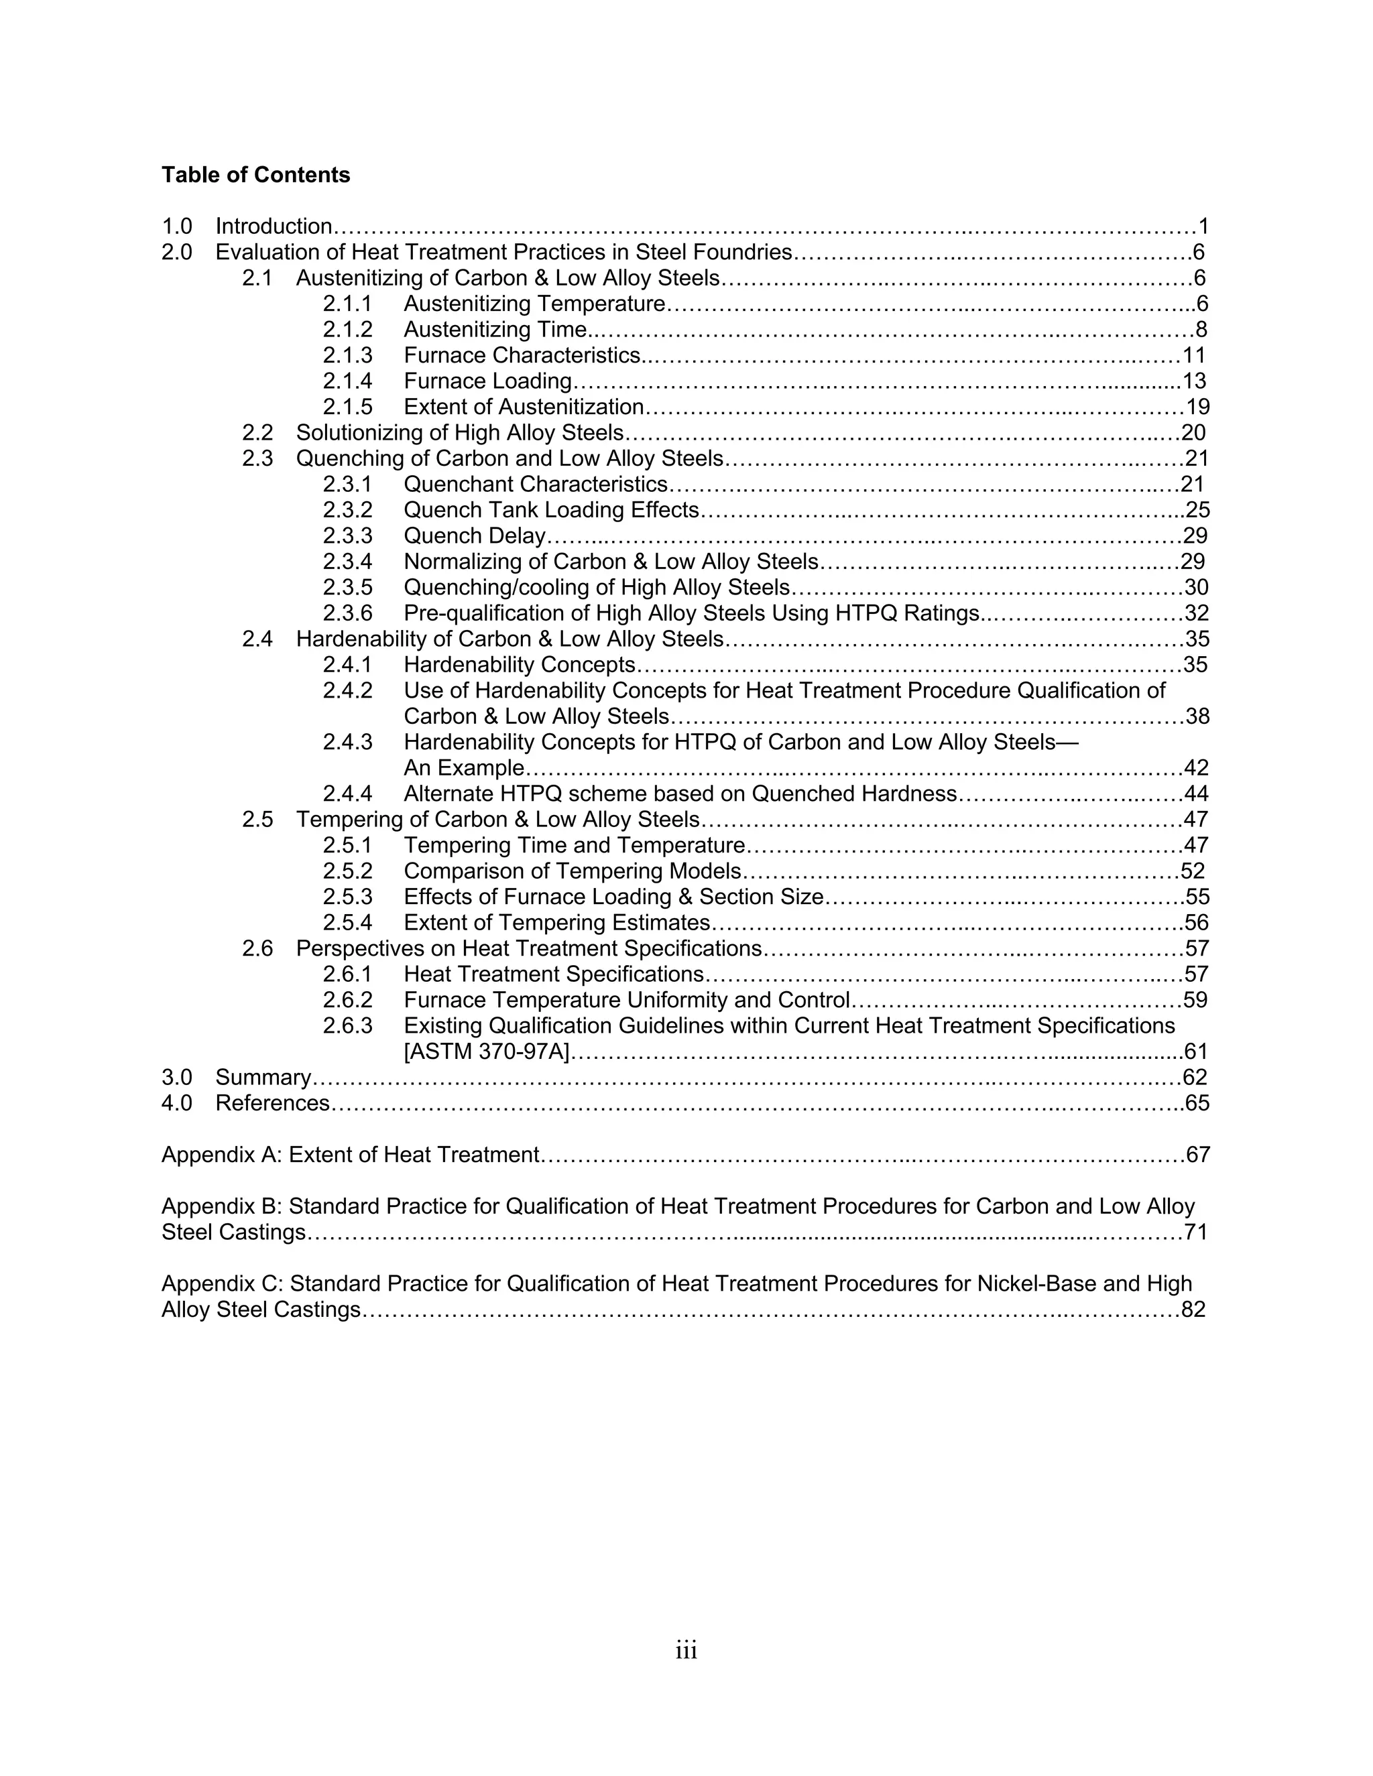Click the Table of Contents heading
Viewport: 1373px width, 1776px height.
click(x=255, y=175)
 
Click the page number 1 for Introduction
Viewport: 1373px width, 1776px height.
click(x=1203, y=227)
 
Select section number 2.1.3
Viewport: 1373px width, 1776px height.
click(x=347, y=355)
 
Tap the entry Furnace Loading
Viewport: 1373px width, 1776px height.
click(x=487, y=381)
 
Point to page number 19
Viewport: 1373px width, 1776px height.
click(x=1197, y=407)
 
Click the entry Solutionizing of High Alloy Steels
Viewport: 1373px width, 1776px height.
click(x=459, y=433)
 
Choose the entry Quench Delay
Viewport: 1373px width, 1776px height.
click(x=474, y=536)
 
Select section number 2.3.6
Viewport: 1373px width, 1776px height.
click(x=347, y=613)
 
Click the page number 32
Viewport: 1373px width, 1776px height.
click(x=1197, y=613)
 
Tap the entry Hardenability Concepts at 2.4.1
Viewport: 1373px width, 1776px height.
click(x=519, y=665)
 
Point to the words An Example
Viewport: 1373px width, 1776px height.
click(x=464, y=769)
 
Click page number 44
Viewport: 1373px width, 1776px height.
click(x=1197, y=794)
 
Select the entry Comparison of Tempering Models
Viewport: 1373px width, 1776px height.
click(x=573, y=872)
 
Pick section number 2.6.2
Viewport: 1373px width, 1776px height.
click(x=347, y=1000)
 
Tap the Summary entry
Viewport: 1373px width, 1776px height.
click(x=263, y=1078)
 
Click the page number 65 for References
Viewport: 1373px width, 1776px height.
click(x=1197, y=1104)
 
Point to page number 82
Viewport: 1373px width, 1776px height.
click(x=1193, y=1310)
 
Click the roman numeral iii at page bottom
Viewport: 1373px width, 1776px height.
click(x=686, y=1651)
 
